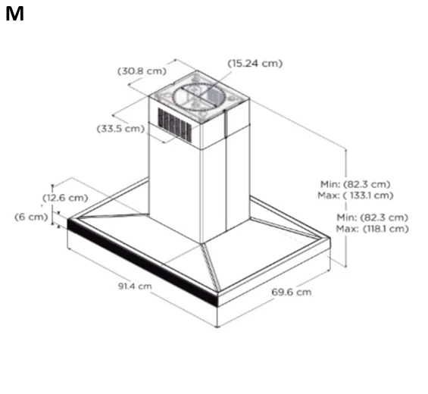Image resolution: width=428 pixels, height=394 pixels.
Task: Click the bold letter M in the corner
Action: tap(14, 14)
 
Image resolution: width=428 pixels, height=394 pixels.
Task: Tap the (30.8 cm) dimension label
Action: tap(142, 71)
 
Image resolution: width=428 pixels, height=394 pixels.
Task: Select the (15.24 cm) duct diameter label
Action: tap(255, 64)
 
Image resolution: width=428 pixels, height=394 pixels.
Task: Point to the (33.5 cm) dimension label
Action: tap(120, 128)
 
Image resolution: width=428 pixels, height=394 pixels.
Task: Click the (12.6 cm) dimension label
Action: tap(65, 198)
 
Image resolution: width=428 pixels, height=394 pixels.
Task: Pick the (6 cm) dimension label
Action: tap(31, 217)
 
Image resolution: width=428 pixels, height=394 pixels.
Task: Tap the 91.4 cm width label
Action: tap(135, 286)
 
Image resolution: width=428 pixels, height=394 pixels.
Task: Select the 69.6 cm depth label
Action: tap(291, 292)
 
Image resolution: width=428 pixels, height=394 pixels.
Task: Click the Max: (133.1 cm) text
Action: tap(355, 195)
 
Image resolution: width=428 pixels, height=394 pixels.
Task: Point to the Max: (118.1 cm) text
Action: tap(372, 229)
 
